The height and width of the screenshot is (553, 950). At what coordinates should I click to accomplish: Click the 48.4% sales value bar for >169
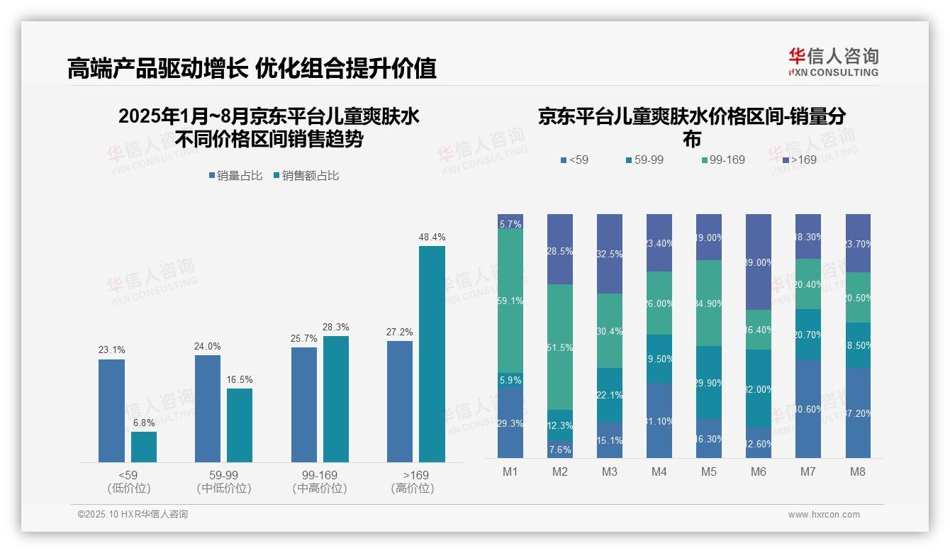432,354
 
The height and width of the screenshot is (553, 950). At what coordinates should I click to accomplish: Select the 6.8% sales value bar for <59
144,447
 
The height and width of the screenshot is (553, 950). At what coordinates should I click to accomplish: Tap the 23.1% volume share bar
111,410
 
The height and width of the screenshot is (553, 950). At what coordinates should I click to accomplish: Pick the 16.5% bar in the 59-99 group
240,425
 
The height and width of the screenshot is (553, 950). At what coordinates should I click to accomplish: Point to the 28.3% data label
336,327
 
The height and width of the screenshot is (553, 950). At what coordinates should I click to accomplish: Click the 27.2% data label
400,332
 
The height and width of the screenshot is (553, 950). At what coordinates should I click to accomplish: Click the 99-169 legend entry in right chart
722,160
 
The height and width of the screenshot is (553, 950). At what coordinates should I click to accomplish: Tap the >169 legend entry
798,160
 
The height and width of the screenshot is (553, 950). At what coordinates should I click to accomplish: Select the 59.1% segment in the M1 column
510,301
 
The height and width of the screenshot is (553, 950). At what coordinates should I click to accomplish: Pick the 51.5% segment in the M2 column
560,347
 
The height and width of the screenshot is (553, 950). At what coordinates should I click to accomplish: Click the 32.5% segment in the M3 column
610,254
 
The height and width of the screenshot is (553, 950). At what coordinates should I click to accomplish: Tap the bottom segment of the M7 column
807,409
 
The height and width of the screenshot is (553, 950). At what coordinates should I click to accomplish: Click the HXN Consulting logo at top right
833,62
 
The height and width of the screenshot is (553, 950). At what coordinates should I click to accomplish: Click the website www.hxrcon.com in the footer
824,515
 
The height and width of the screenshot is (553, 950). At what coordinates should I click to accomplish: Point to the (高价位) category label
413,488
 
